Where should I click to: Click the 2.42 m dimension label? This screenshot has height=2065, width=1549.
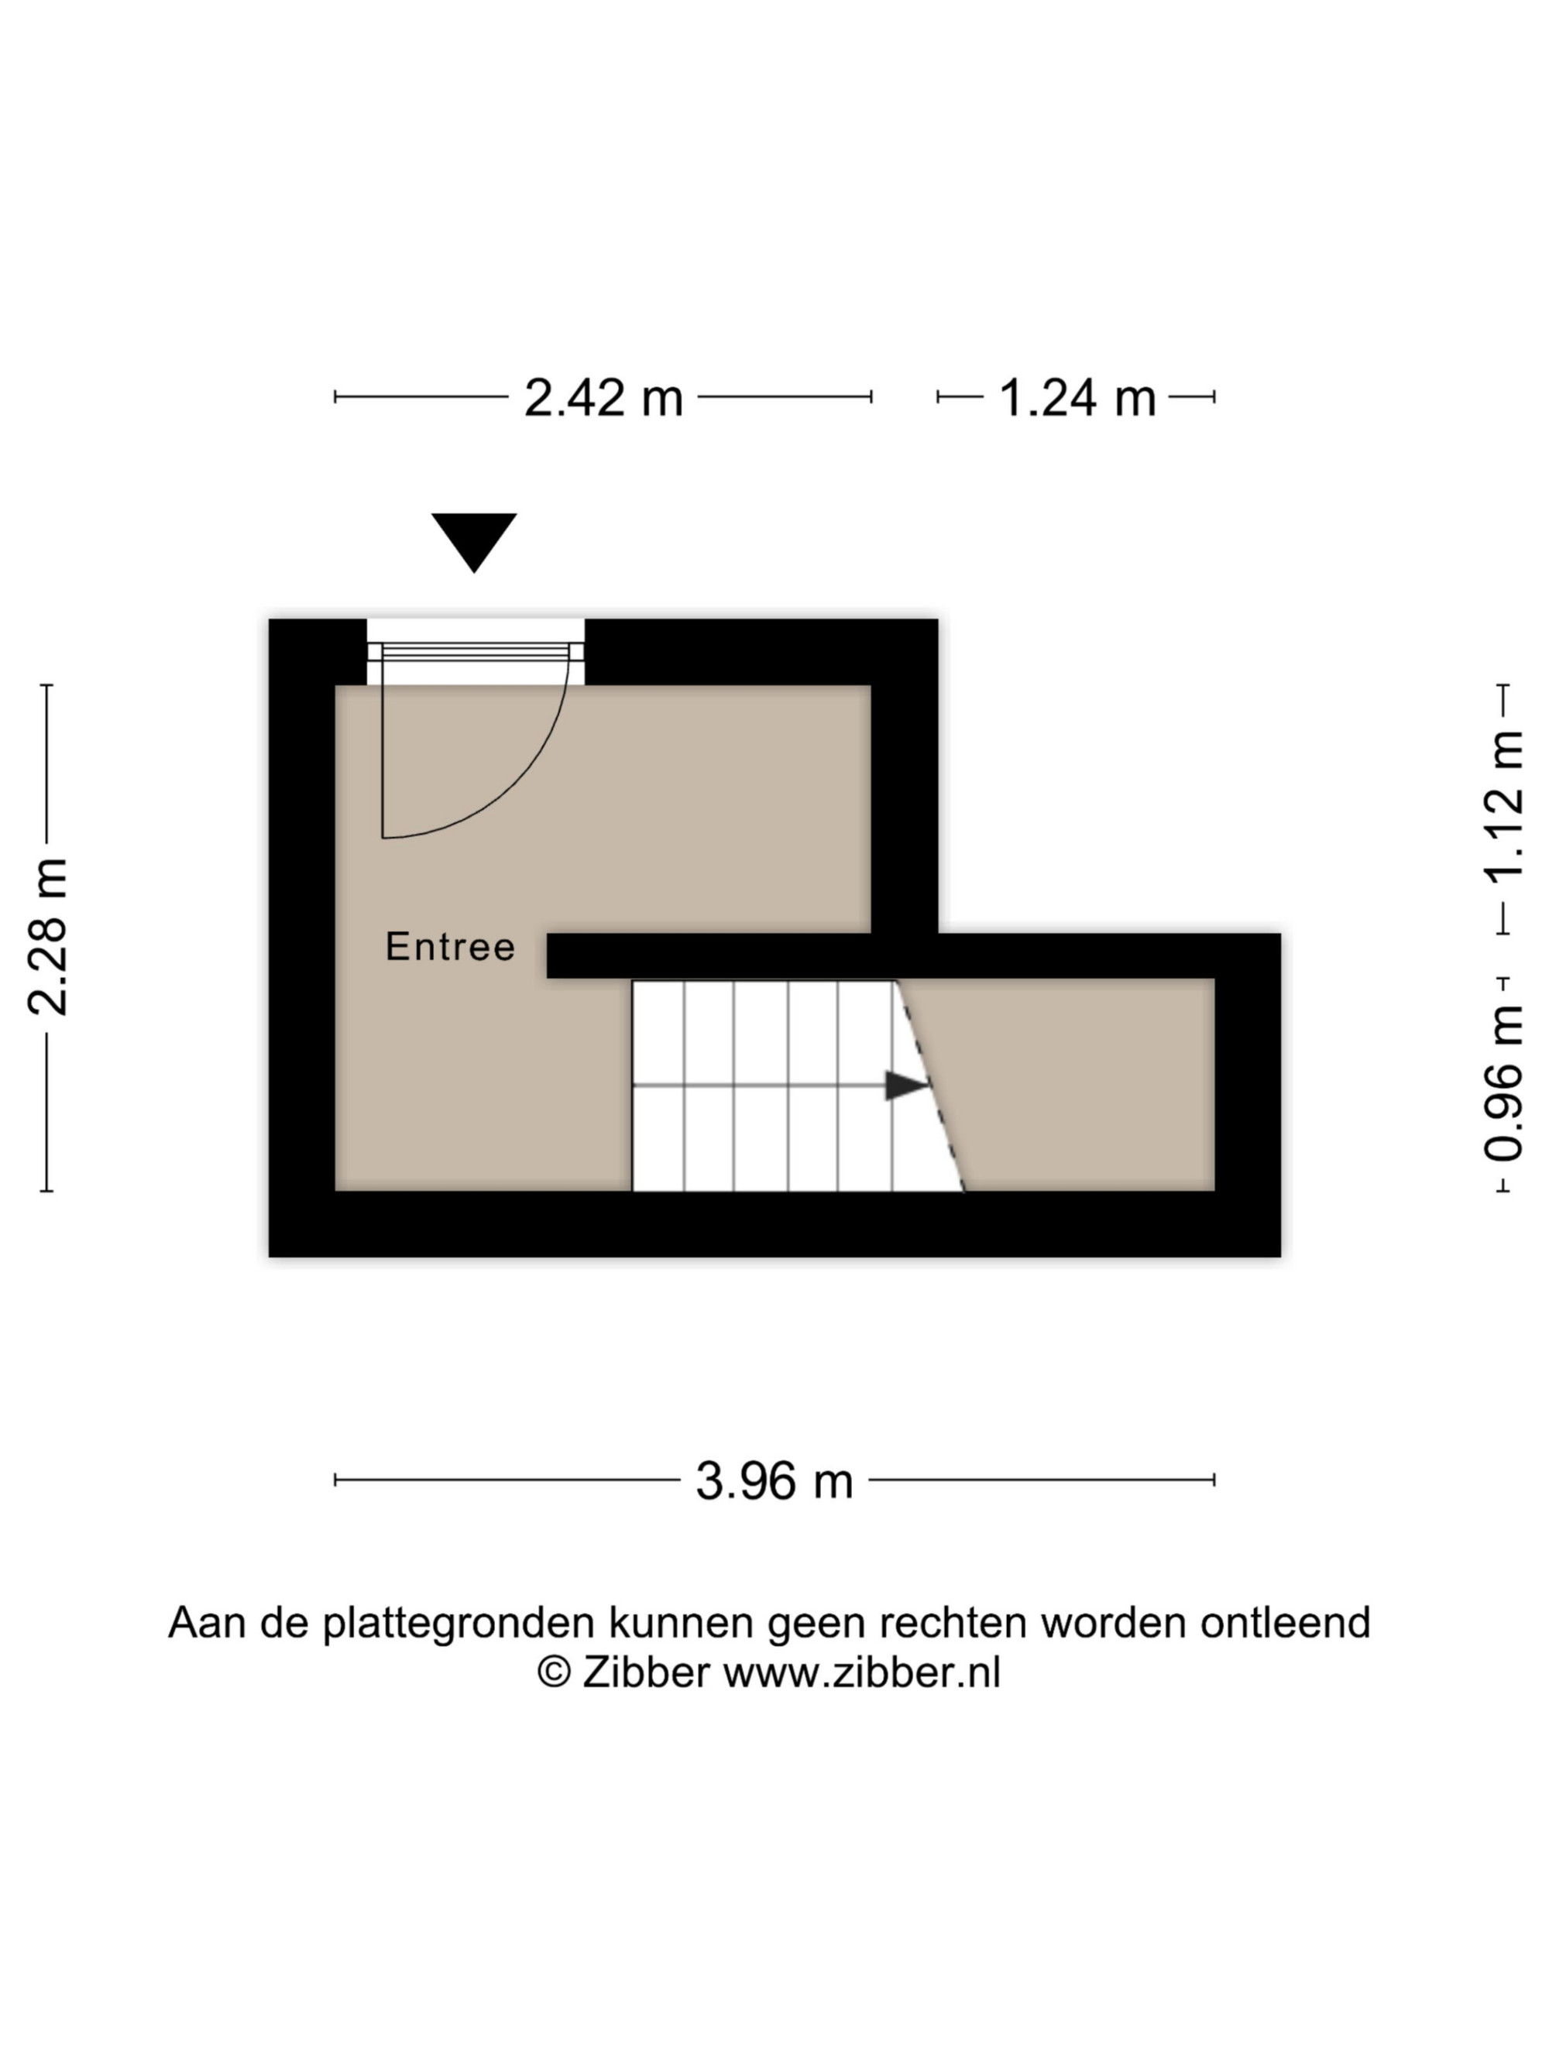tap(603, 398)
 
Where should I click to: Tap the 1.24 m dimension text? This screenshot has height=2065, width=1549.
tap(1077, 398)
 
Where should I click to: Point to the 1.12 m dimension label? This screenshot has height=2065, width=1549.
tap(1503, 807)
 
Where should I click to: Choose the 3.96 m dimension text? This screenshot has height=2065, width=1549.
tap(774, 1480)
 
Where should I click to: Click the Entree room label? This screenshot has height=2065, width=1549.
tap(450, 947)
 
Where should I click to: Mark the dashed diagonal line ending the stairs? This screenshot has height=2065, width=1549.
tap(929, 1085)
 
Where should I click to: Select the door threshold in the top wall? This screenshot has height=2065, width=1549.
tap(476, 652)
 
